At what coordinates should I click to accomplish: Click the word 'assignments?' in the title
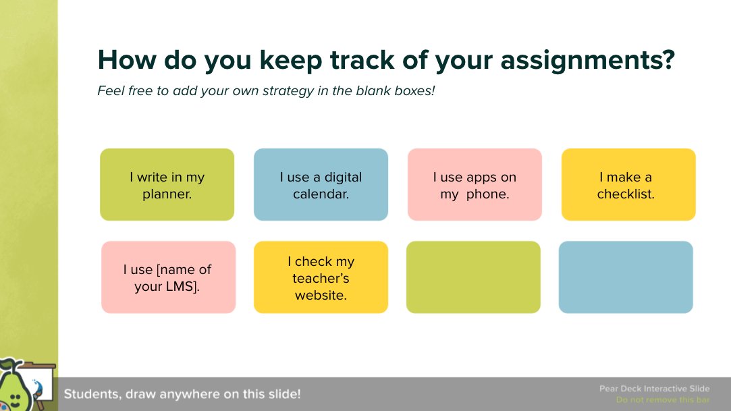click(587, 61)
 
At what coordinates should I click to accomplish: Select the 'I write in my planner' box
click(167, 185)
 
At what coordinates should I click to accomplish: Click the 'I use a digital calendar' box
click(321, 185)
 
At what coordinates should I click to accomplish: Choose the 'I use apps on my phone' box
click(475, 185)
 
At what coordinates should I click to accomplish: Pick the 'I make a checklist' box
click(628, 185)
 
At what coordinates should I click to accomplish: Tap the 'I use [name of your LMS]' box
click(168, 277)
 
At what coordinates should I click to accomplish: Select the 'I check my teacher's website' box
click(321, 277)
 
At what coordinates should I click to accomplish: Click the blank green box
click(473, 277)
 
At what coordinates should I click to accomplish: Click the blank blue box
click(626, 277)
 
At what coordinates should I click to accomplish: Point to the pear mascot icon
click(16, 388)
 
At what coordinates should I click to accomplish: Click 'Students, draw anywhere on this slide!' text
click(182, 394)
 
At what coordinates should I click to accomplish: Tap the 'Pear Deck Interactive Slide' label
click(654, 389)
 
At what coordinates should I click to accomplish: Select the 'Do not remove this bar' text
click(662, 400)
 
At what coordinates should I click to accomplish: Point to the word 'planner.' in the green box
click(167, 194)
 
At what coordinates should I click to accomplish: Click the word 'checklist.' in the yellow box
click(626, 194)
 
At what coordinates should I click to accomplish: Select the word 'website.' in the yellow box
click(321, 295)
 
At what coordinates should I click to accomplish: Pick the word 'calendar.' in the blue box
click(321, 194)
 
